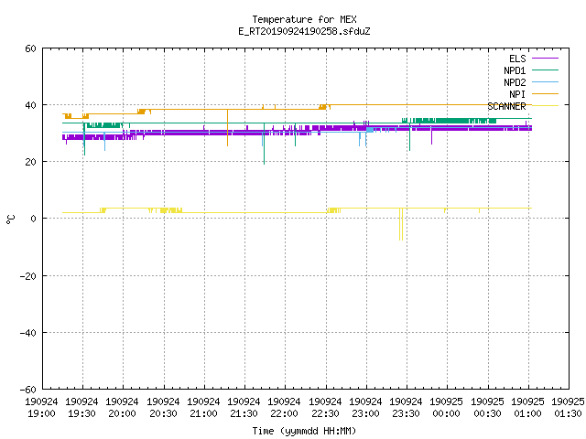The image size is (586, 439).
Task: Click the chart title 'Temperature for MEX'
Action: click(304, 19)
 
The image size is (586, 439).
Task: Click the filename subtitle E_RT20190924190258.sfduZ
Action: click(304, 31)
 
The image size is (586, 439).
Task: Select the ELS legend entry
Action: click(533, 59)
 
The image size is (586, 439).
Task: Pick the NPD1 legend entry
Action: click(531, 70)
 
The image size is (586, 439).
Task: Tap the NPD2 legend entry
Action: click(531, 82)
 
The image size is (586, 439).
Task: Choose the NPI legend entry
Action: click(533, 94)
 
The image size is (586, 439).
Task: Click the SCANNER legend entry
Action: click(523, 106)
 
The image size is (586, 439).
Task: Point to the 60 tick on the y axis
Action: click(30, 48)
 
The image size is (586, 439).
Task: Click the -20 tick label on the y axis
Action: click(28, 276)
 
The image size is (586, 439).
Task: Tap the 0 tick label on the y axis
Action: click(34, 219)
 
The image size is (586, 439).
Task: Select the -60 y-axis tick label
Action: click(28, 390)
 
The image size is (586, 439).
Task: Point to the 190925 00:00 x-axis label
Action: click(447, 408)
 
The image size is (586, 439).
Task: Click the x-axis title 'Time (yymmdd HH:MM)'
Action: click(304, 431)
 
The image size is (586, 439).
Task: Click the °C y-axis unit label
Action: click(10, 219)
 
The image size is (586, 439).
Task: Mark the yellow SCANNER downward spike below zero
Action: click(401, 224)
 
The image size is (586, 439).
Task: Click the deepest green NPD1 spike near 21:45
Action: click(265, 144)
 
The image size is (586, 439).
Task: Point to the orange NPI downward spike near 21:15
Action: click(228, 128)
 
